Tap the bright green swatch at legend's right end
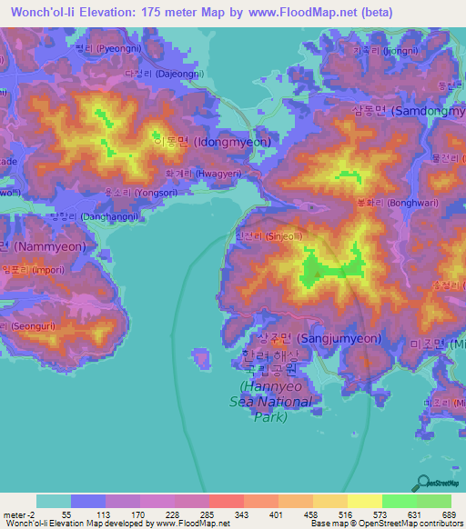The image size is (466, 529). pos(433,501)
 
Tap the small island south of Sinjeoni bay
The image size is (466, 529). pos(202,358)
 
